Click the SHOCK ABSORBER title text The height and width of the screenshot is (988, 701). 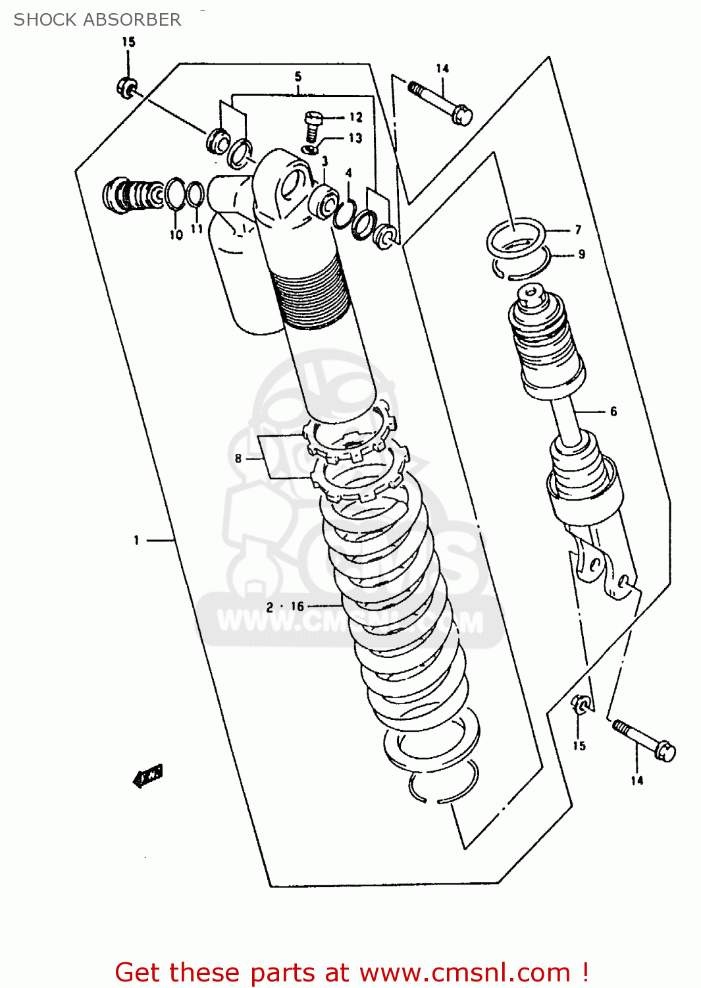click(x=97, y=20)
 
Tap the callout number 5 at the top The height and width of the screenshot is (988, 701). click(x=298, y=76)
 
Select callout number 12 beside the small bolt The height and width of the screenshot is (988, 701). click(x=355, y=117)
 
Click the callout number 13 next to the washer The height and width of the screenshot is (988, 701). click(x=355, y=138)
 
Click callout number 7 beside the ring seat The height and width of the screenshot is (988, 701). click(x=578, y=229)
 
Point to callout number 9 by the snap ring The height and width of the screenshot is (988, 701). click(x=581, y=254)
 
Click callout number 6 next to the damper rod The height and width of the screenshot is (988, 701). click(x=613, y=411)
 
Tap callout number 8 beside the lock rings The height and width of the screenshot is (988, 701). click(x=238, y=458)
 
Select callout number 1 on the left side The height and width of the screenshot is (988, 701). click(x=136, y=540)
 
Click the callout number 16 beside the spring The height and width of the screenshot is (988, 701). click(x=298, y=607)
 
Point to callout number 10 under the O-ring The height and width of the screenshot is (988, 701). click(x=176, y=234)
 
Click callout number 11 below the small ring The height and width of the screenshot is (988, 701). click(x=196, y=229)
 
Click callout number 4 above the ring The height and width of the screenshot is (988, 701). click(x=348, y=173)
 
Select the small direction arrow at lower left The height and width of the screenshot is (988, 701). click(x=148, y=776)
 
